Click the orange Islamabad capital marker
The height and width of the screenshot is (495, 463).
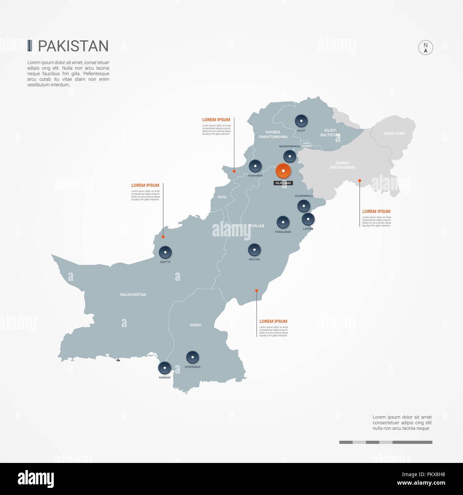283,171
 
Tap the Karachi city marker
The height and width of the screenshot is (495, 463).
165,368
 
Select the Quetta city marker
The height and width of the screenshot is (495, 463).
165,252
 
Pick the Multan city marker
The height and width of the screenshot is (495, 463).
254,250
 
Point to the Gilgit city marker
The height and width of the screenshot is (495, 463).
301,121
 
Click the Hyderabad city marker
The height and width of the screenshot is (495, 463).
192,357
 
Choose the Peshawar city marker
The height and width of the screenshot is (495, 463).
255,166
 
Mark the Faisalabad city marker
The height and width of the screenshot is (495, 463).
283,222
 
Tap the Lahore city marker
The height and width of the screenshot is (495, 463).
308,219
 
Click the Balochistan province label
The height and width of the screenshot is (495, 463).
133,295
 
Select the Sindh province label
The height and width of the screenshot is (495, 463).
196,325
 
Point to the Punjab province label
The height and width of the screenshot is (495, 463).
257,226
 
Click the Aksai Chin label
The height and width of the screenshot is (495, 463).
394,134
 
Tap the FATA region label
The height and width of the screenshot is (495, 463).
222,197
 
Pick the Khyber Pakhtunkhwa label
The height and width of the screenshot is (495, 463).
273,135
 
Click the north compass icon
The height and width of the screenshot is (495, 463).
425,47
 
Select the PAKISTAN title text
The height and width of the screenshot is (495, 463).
73,46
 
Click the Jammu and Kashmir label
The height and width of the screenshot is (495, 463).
342,165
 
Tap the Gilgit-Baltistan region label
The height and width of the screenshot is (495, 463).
330,133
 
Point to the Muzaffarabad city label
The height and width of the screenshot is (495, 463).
290,146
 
